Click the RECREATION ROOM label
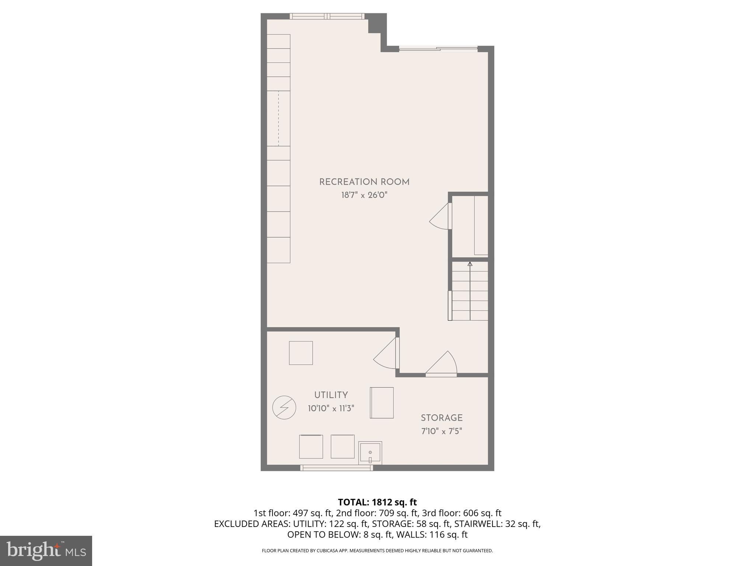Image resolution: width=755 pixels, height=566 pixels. tap(364, 182)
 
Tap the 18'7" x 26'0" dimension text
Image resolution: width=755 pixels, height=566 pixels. tap(364, 195)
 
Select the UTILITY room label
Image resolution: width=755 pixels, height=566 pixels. tap(331, 395)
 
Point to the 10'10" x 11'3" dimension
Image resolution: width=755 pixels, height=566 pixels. tap(331, 408)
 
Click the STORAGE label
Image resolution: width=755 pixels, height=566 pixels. tap(442, 418)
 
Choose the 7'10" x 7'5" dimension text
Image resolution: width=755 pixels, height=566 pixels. tap(442, 431)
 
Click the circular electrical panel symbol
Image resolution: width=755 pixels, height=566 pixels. tap(284, 408)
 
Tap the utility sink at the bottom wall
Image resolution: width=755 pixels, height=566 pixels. tap(370, 453)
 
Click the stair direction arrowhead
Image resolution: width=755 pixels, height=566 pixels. tap(470, 264)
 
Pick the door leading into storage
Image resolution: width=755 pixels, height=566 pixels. tap(442, 365)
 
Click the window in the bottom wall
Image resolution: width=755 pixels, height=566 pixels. tap(337, 468)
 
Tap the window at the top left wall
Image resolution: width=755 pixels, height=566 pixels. tap(327, 16)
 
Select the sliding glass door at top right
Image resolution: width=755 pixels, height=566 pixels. tap(438, 49)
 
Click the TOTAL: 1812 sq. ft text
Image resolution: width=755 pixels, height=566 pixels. tap(377, 502)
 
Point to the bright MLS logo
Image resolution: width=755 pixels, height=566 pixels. tap(46, 551)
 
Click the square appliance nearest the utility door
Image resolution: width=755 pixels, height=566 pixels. tap(301, 353)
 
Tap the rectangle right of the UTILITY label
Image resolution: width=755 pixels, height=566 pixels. tap(382, 402)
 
